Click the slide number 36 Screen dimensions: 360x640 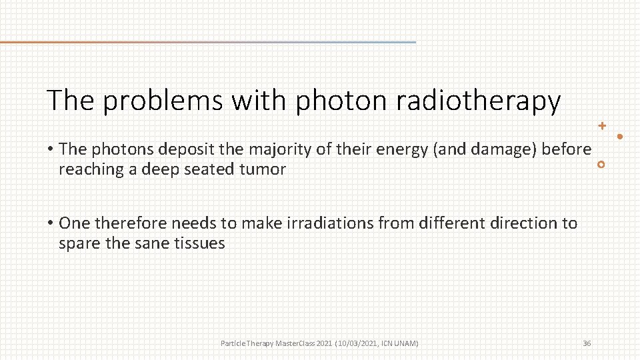(x=587, y=343)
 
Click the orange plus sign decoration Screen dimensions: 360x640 (x=602, y=125)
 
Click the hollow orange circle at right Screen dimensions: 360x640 (x=601, y=165)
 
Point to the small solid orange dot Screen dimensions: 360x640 (x=620, y=137)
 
